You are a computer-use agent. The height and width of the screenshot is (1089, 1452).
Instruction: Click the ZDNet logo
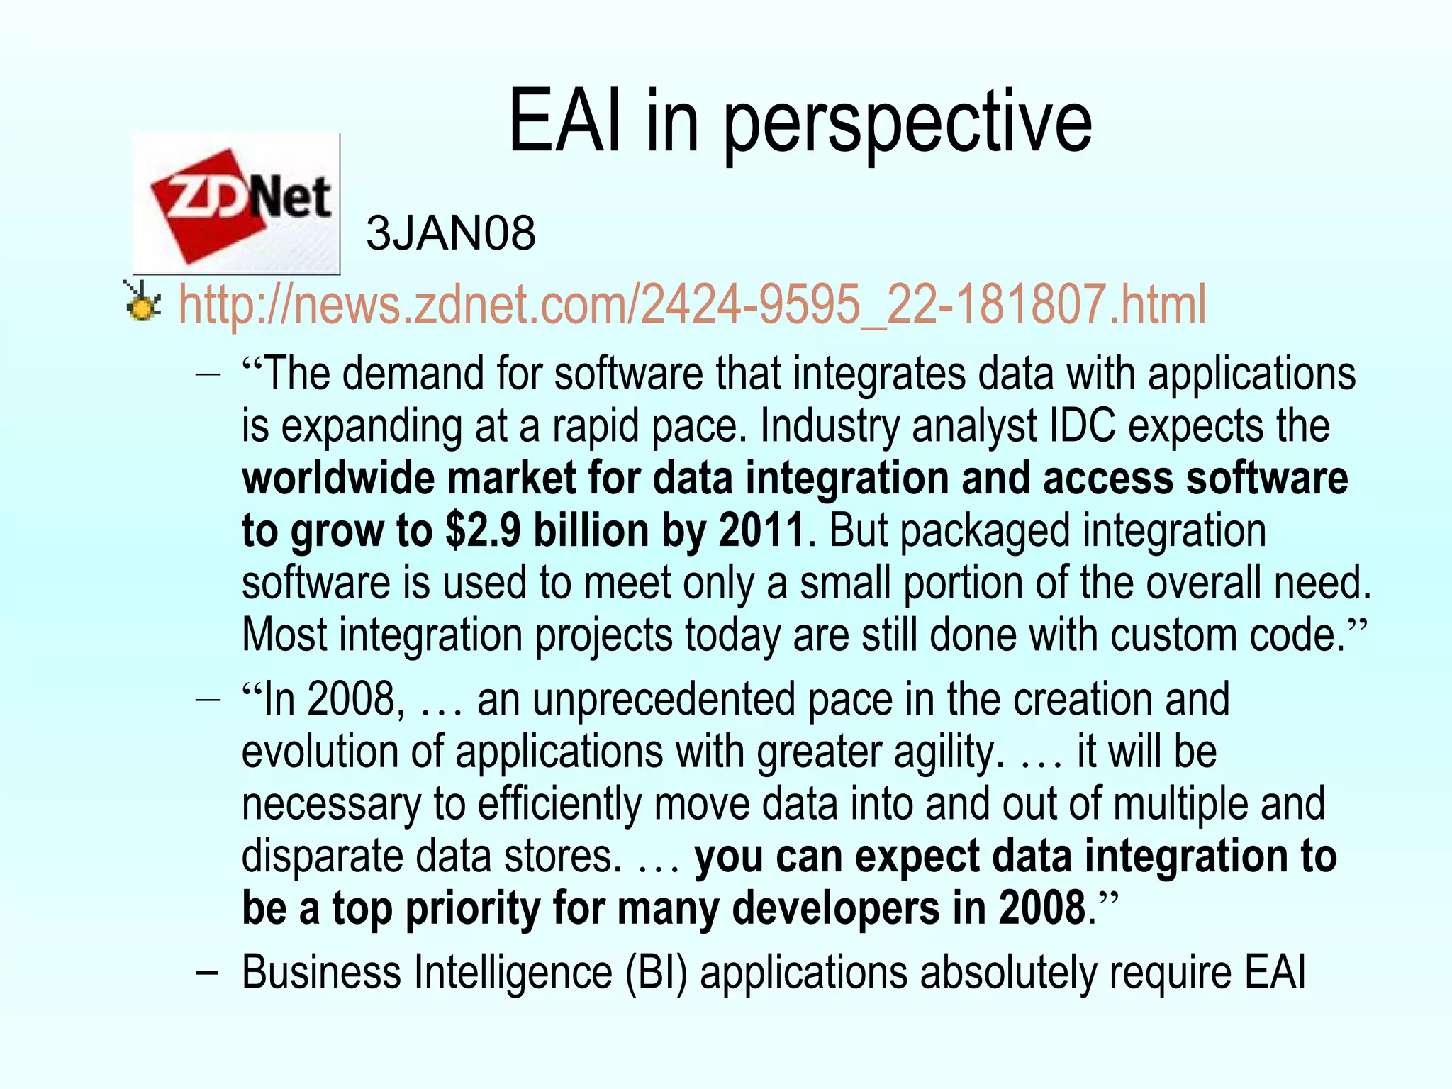click(x=237, y=204)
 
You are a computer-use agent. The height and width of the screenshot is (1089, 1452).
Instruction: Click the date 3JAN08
click(x=451, y=233)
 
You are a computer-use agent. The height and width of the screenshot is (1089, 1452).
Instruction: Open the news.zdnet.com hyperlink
click(x=691, y=304)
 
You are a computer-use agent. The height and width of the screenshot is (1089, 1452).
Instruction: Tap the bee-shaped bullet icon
click(x=142, y=301)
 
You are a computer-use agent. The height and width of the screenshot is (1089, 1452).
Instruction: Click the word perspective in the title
click(x=907, y=124)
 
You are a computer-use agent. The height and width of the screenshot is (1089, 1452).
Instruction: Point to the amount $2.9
click(x=483, y=530)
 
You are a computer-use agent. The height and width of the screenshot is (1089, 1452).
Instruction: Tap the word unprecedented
click(x=663, y=700)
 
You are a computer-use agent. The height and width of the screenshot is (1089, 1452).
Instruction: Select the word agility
click(x=947, y=752)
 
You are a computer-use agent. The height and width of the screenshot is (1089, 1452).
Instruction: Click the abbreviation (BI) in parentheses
click(x=657, y=972)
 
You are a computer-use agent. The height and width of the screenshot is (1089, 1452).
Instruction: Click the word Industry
click(x=829, y=426)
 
